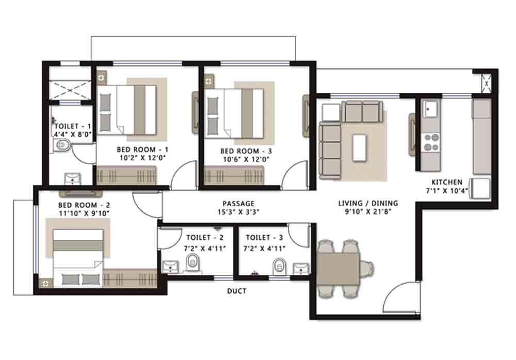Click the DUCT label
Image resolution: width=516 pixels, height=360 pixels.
[237, 291]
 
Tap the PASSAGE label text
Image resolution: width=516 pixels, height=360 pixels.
[238, 204]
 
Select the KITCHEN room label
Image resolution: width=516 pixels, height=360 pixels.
[447, 182]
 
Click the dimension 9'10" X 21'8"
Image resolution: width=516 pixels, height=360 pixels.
[368, 211]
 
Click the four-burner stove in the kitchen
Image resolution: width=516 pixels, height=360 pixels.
[431, 142]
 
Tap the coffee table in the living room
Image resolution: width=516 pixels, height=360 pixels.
[359, 148]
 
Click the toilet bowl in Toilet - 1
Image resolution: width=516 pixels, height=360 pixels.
[61, 145]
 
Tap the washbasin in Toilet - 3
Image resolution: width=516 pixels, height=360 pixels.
[301, 269]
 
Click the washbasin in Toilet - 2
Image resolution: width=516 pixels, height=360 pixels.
[171, 266]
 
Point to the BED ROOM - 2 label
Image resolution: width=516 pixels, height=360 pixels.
[84, 205]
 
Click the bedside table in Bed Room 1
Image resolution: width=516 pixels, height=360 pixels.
[102, 78]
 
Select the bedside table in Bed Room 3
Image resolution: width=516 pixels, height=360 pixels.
[208, 80]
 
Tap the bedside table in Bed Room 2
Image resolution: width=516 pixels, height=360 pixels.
[45, 283]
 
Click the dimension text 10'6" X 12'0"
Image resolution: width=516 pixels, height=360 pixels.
[247, 159]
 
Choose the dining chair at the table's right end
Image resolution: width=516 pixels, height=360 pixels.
[367, 269]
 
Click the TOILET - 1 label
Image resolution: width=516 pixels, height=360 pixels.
[73, 126]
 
